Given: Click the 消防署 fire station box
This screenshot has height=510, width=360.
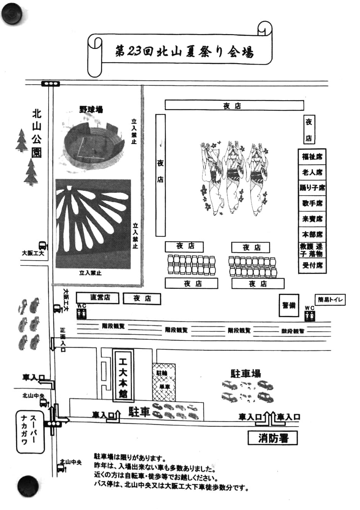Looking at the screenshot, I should pos(272,438).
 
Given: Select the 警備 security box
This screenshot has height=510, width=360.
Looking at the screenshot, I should pos(289,305).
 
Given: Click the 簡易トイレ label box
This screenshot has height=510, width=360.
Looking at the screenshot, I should pos(330,300).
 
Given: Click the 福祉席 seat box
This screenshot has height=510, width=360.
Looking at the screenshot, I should pos(312,156).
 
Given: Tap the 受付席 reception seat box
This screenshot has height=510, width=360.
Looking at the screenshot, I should pos(312,265).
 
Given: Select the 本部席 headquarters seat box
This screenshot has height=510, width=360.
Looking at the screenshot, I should pos(312,234).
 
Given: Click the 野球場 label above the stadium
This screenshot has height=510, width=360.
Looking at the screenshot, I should pos(91,109).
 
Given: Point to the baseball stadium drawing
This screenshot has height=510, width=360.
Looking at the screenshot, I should pos(93,143).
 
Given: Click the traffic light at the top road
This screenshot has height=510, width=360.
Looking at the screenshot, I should pos(50,84).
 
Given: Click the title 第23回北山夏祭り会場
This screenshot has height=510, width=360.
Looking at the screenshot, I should pos(184,51).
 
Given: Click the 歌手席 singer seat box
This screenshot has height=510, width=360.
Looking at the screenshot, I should pos(312,203).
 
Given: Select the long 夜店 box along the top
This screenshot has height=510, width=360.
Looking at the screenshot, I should pos(234,105).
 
